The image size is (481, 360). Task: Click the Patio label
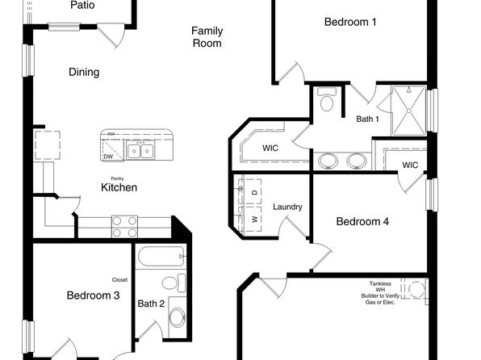[82, 5]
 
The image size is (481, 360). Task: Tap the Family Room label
[207, 37]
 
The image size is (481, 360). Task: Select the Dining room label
[83, 73]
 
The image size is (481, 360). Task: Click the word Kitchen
[119, 187]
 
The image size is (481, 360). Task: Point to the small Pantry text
[118, 178]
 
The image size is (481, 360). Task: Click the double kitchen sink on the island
[140, 151]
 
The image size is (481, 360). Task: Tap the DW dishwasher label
[107, 157]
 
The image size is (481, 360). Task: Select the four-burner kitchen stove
[124, 226]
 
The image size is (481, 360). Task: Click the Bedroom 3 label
[93, 296]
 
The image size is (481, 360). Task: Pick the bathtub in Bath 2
[162, 259]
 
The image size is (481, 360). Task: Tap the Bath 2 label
[151, 304]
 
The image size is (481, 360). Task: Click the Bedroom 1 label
[350, 23]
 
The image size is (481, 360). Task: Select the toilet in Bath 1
[327, 101]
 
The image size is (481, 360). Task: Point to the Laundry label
[287, 207]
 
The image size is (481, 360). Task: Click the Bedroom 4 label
[362, 221]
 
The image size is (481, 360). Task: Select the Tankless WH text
[382, 288]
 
